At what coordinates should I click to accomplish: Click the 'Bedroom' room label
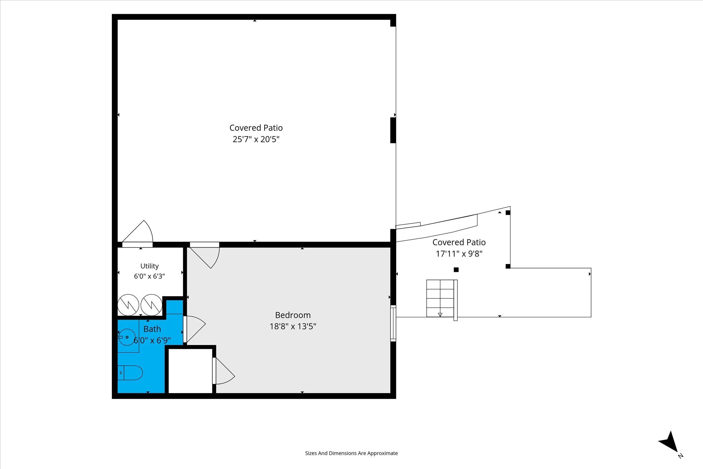tap(293, 315)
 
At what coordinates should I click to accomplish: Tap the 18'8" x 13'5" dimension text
tap(293, 326)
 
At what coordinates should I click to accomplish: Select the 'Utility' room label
tap(149, 266)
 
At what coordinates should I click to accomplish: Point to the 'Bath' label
tap(152, 329)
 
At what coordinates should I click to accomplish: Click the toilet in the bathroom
tap(130, 373)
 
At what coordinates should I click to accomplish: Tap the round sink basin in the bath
tap(127, 337)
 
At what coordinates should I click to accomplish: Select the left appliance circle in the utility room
tap(128, 305)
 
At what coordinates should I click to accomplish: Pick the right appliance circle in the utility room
tap(151, 305)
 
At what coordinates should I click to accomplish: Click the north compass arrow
tap(670, 447)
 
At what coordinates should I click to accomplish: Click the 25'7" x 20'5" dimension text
tap(256, 139)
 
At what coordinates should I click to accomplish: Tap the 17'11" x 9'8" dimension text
tap(459, 254)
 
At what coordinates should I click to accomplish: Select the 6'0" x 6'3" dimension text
tap(149, 276)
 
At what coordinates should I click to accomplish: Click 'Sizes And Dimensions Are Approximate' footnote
tap(351, 453)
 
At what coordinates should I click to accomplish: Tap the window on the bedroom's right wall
tap(393, 323)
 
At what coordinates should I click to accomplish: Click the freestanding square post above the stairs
tap(456, 270)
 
